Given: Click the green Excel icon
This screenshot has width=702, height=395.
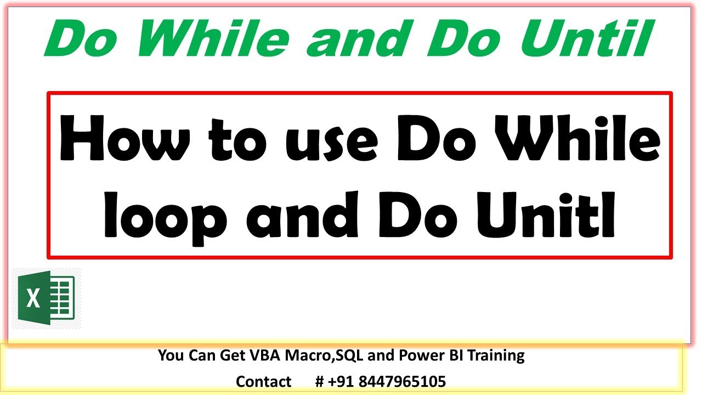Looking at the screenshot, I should click(x=46, y=298).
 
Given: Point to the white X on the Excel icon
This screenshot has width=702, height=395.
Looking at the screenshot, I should click(x=33, y=300).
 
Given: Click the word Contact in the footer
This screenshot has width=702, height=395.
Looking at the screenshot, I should click(x=263, y=381).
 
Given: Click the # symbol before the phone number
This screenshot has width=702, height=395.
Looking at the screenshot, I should click(x=320, y=381).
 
